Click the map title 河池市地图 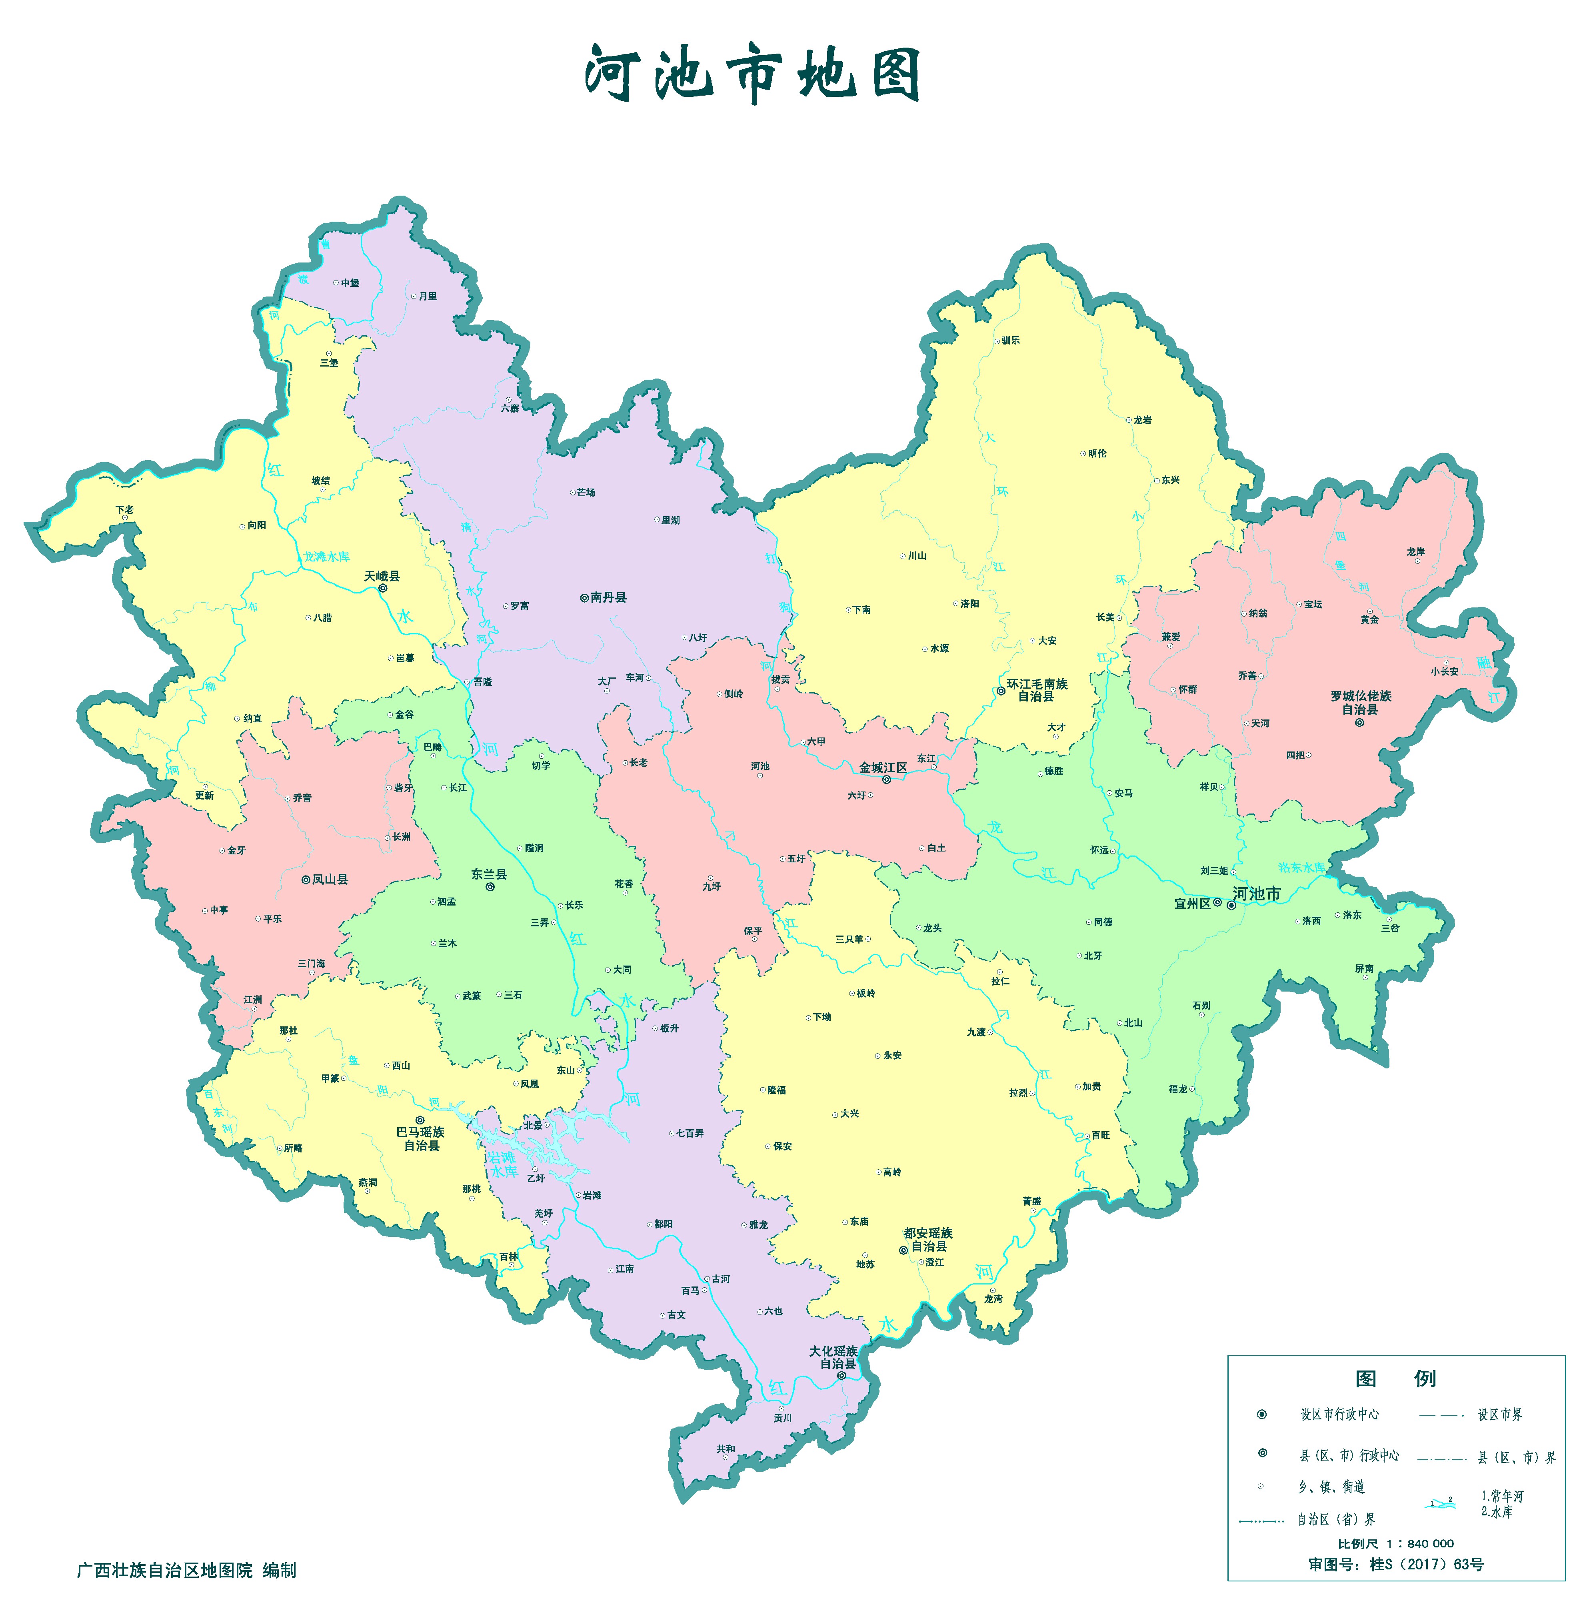[x=753, y=75]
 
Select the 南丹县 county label [x=609, y=597]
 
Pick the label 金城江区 [x=883, y=768]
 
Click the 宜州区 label [x=1192, y=904]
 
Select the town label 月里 [x=428, y=296]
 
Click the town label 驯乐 [x=1010, y=340]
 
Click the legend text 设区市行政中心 [x=1339, y=1414]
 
